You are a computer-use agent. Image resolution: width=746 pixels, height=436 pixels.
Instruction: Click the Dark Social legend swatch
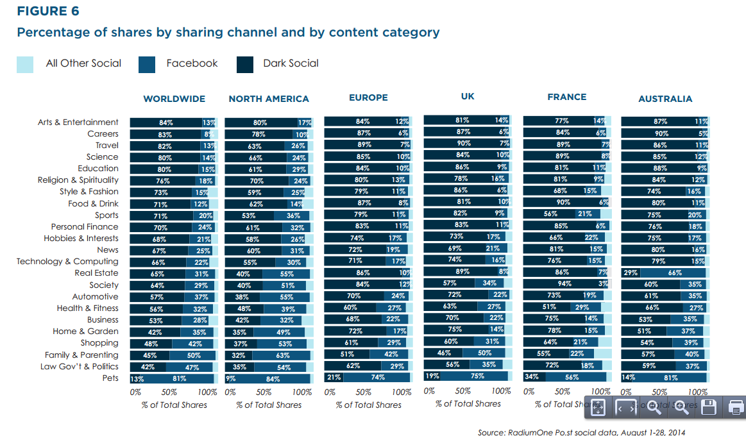click(244, 64)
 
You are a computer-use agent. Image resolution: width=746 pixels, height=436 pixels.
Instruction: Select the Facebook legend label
click(192, 63)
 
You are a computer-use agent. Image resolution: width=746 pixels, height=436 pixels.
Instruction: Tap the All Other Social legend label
click(83, 63)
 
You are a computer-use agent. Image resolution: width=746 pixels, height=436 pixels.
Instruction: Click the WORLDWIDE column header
click(174, 99)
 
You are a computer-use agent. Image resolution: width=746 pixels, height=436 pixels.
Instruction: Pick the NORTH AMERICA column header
click(269, 99)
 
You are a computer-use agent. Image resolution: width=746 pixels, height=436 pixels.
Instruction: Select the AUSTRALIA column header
click(665, 99)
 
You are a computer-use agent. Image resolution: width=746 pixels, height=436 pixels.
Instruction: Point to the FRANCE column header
click(566, 97)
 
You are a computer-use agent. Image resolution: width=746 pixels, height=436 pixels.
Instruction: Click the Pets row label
click(110, 378)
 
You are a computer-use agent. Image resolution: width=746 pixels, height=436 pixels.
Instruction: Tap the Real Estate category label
click(96, 273)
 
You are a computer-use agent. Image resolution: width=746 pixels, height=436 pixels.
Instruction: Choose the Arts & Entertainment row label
click(78, 122)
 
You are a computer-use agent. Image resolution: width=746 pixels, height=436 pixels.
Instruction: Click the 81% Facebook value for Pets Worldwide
click(179, 379)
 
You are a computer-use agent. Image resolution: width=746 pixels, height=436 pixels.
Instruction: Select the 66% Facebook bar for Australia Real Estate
click(674, 273)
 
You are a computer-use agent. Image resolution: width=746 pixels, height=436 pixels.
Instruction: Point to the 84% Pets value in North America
click(273, 379)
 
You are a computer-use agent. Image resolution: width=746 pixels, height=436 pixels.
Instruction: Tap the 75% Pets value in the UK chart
click(477, 376)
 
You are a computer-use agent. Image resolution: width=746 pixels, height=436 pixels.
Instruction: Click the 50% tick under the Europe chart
click(364, 392)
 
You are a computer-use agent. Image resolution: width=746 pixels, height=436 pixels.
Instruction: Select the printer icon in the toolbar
click(735, 407)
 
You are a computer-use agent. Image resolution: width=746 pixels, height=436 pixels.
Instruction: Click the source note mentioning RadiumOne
click(581, 432)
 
